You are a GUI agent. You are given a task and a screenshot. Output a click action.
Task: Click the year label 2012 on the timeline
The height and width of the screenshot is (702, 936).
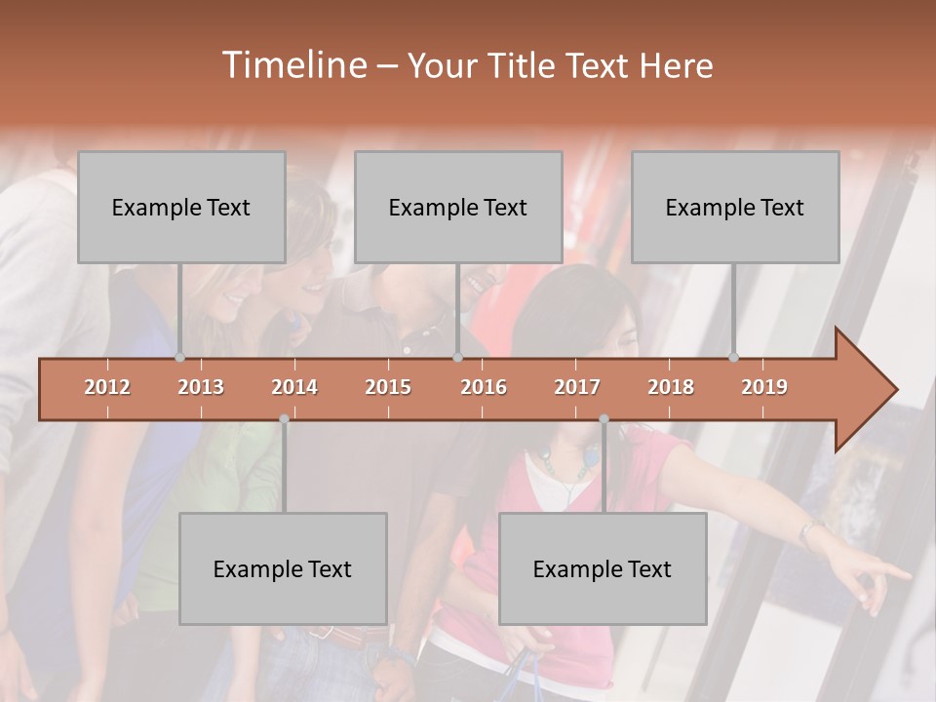coord(107,387)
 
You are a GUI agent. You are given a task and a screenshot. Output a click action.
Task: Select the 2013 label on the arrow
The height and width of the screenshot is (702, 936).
coord(201,387)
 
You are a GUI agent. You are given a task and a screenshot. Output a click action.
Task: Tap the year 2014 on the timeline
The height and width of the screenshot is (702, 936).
coord(294,387)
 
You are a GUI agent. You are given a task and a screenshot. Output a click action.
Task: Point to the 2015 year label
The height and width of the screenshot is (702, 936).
coord(388,387)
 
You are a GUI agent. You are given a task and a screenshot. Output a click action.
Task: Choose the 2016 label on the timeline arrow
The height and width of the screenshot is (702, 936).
coord(484,387)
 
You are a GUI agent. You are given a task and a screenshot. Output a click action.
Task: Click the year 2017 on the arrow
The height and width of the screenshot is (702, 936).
coord(577,387)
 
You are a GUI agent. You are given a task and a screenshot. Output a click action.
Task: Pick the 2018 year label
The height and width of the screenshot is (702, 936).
coord(671,387)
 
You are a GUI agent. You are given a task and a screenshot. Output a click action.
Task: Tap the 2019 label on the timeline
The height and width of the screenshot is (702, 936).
coord(764,387)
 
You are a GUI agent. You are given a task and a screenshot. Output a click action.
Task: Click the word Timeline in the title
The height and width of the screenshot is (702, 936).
coord(292,65)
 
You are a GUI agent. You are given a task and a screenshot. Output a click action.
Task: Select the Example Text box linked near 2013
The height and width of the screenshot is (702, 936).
coord(181,208)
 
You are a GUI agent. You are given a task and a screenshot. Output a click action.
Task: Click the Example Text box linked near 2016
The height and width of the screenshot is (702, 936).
coord(458,208)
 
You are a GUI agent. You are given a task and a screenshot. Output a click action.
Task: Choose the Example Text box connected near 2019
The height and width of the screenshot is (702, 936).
coord(735,208)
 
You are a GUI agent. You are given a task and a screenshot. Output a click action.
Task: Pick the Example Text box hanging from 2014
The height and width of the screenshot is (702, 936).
coord(283,569)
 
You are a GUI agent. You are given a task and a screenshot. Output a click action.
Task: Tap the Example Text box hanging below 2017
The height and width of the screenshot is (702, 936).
coord(603,569)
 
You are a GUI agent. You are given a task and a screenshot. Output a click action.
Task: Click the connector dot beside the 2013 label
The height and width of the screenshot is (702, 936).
coord(179,357)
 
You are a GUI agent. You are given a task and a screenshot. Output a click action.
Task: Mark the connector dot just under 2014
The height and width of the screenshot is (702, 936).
coord(284,419)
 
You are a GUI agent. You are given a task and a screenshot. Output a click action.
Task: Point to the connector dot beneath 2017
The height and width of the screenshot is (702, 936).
coord(604,419)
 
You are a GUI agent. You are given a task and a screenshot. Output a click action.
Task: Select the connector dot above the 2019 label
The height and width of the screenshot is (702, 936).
coord(734,357)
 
